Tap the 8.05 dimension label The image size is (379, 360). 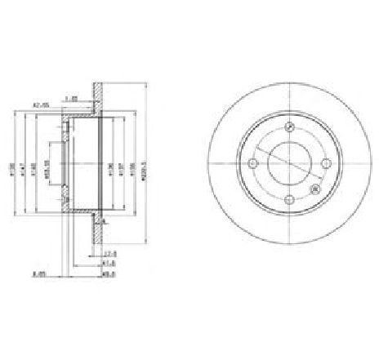[37, 274]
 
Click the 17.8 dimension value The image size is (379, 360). [109, 254]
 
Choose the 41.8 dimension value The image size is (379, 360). [109, 264]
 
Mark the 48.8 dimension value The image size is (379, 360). [109, 273]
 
